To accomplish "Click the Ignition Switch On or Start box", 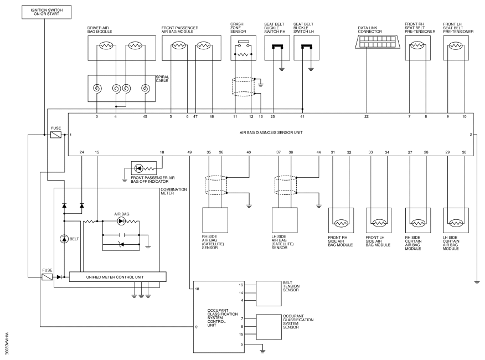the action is [47, 12].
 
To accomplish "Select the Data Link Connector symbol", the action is [378, 42].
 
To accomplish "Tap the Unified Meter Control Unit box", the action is [117, 277].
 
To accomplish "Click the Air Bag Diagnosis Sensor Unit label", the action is [271, 132].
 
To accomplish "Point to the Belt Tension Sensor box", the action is [269, 294].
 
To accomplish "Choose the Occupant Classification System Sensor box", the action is [269, 327].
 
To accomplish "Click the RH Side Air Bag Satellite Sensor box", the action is [215, 220].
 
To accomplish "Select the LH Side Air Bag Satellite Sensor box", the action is [285, 220].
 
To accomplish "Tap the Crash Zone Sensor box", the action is [243, 48].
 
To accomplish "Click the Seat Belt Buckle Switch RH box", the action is [277, 48].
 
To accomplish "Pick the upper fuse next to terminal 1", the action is [56, 135].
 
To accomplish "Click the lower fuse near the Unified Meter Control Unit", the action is [47, 277].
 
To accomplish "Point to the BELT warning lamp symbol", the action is [64, 239].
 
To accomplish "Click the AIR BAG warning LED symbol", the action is [121, 221].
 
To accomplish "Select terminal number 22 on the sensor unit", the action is [367, 117].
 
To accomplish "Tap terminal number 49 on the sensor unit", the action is [189, 152].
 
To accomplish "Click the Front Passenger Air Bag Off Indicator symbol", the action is [144, 168].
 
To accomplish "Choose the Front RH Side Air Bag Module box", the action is [341, 220].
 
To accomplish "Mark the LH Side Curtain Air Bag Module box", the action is [456, 220].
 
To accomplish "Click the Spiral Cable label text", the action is [162, 79].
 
